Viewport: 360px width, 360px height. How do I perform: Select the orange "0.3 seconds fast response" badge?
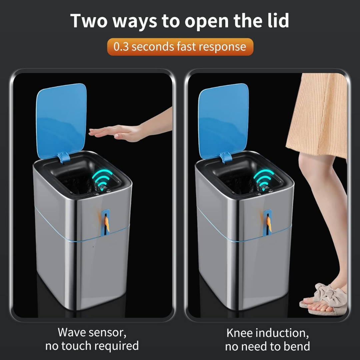tap(180, 47)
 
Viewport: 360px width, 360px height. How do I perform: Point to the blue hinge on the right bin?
tap(226, 157)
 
